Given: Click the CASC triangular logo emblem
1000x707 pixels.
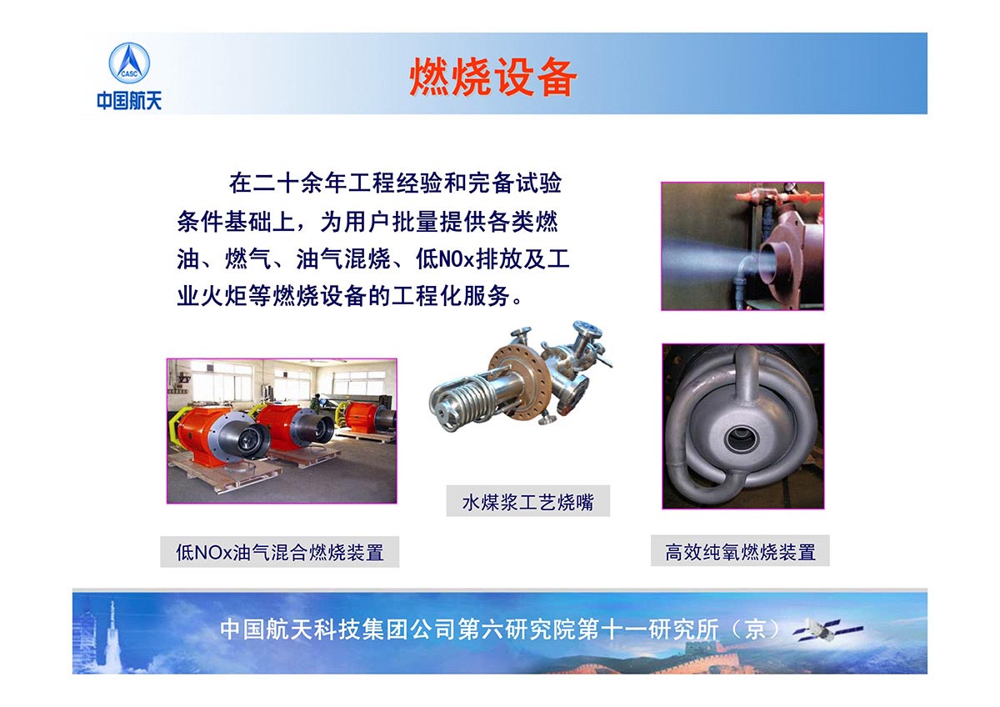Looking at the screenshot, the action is click(x=129, y=63).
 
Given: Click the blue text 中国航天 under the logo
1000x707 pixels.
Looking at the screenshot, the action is click(x=129, y=100).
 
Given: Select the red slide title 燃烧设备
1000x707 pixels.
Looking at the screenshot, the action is click(x=492, y=77).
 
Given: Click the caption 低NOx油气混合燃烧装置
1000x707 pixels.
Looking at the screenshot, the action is click(x=279, y=553).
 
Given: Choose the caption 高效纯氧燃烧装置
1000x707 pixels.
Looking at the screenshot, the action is click(x=740, y=552).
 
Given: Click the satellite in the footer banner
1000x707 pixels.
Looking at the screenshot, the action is click(x=827, y=630).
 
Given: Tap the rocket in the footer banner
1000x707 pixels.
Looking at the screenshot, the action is click(x=111, y=635).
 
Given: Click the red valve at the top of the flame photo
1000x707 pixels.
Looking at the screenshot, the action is click(x=758, y=196).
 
